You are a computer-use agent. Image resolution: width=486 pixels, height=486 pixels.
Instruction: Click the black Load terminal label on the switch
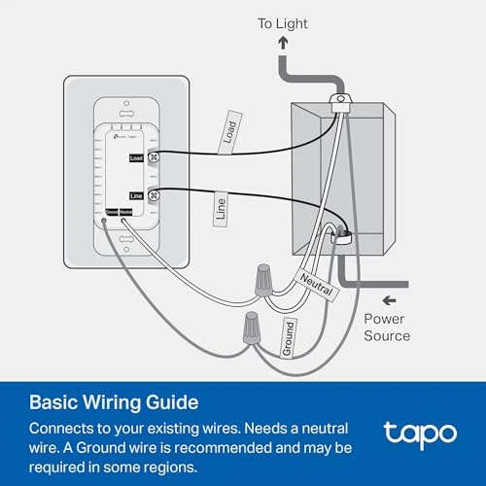[x=136, y=156]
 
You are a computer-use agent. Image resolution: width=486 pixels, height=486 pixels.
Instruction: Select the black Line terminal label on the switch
[x=136, y=195]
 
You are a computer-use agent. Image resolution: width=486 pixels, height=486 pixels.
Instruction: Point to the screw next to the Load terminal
[x=154, y=156]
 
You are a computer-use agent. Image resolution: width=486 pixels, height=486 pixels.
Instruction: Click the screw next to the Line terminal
[x=154, y=195]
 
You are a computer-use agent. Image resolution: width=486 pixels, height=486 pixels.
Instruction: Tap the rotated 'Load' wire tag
[x=229, y=132]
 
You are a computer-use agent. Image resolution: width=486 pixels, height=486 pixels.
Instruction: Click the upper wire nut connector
[x=259, y=281]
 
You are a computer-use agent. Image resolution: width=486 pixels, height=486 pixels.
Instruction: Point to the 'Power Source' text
[x=387, y=327]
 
